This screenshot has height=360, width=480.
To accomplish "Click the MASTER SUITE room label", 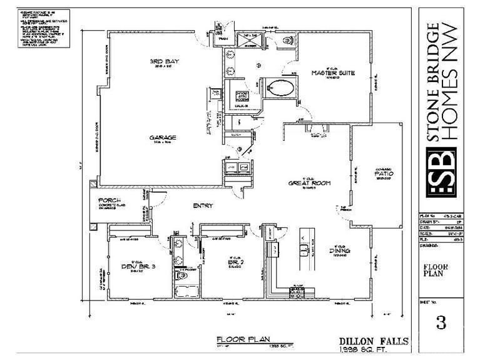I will click(x=333, y=73).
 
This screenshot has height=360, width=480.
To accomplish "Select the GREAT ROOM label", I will click(x=309, y=183).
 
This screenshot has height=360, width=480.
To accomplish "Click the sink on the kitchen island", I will click(x=305, y=252).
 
